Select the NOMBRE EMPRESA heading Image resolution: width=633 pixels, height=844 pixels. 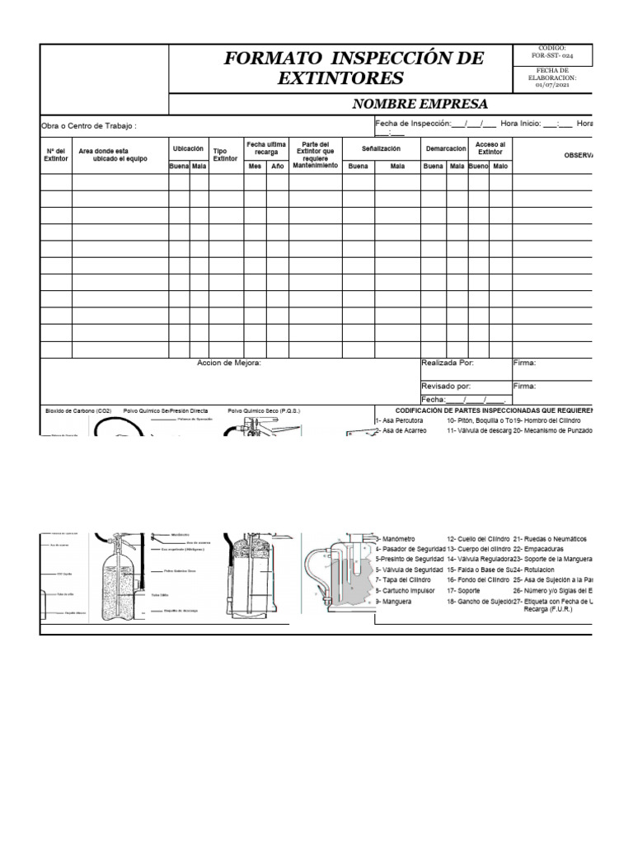(x=420, y=104)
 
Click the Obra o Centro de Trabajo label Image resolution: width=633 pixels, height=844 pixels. (x=89, y=126)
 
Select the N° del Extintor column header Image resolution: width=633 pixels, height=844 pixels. (x=56, y=154)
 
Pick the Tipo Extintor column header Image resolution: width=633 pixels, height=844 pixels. (x=220, y=155)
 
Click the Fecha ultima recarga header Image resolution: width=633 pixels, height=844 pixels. (x=266, y=148)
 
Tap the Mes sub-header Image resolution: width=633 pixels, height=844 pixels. (x=255, y=166)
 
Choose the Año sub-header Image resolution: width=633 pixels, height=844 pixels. (x=277, y=166)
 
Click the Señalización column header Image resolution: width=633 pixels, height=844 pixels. (x=381, y=148)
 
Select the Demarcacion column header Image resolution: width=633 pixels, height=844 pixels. (x=445, y=148)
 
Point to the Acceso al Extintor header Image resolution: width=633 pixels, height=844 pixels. (x=490, y=148)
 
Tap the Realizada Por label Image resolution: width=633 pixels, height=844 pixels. (x=448, y=363)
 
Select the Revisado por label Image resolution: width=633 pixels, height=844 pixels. (x=446, y=386)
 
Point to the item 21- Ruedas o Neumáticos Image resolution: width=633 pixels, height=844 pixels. (x=550, y=538)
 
